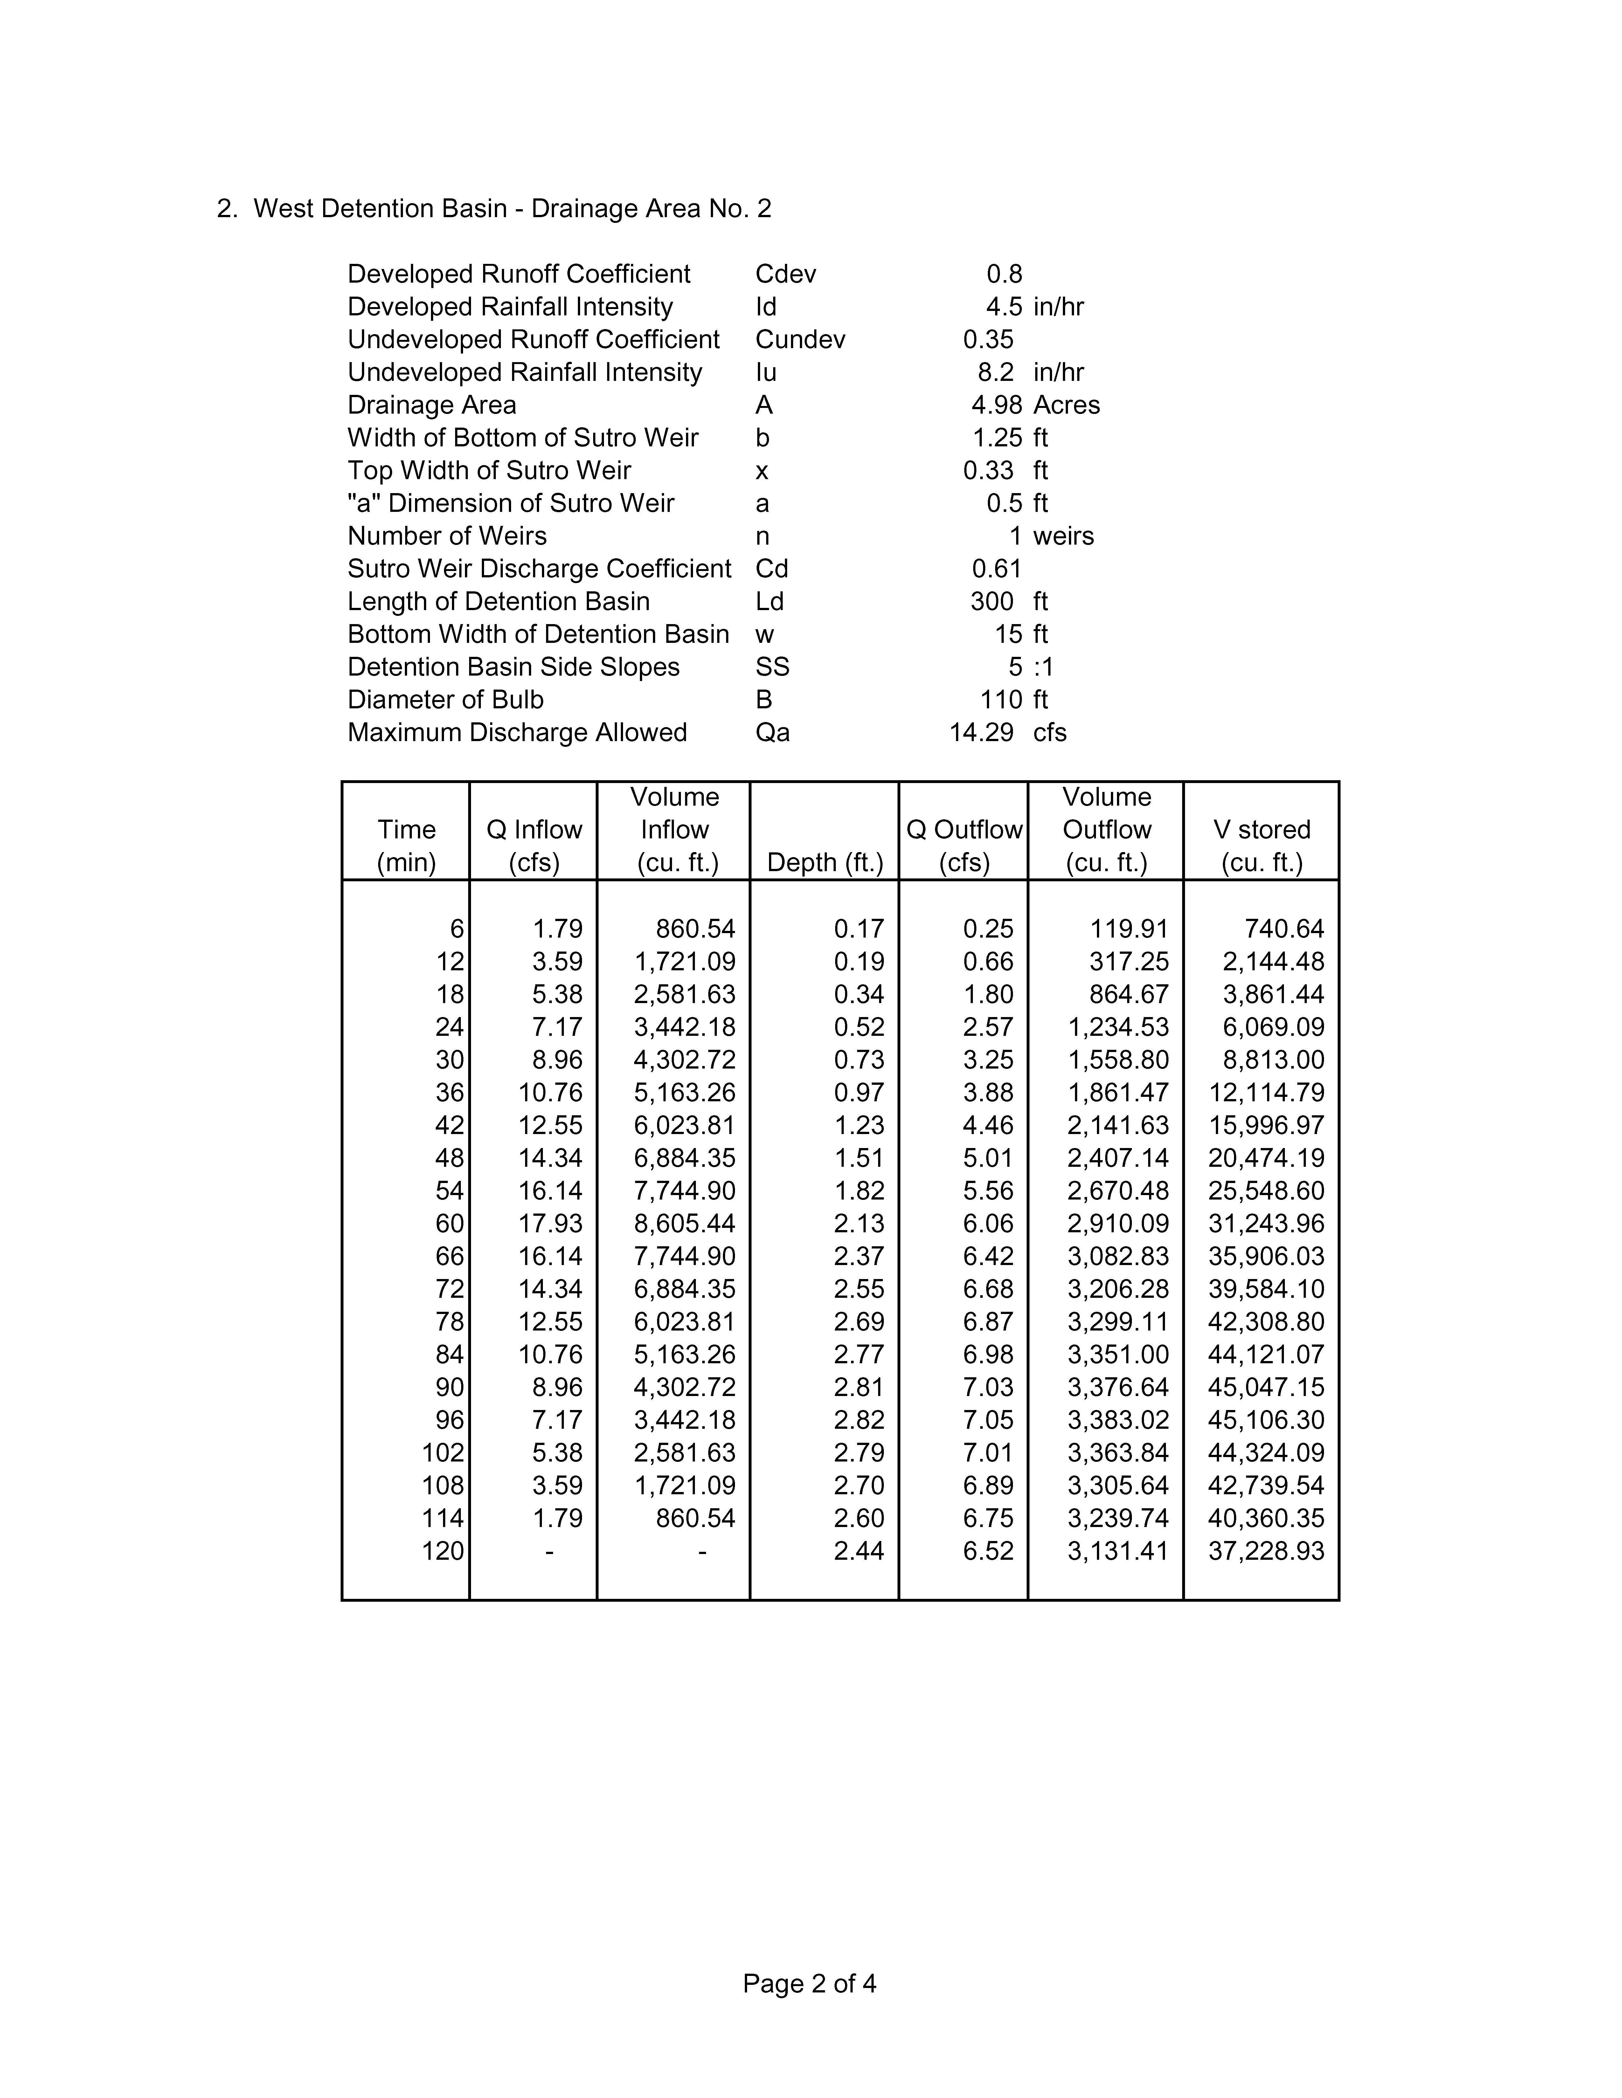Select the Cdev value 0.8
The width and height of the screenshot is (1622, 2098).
pyautogui.click(x=1004, y=275)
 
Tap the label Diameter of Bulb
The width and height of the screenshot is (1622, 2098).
pyautogui.click(x=445, y=700)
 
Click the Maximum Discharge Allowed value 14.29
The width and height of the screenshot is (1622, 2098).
pyautogui.click(x=981, y=733)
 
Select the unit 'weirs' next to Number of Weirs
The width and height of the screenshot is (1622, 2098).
pyautogui.click(x=1063, y=536)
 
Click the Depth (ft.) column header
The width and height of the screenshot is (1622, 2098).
pyautogui.click(x=824, y=863)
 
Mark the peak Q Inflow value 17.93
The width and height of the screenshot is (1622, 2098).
pyautogui.click(x=551, y=1224)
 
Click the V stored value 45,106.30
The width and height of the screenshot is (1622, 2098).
pyautogui.click(x=1265, y=1420)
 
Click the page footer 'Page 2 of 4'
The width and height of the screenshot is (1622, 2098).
pyautogui.click(x=809, y=1984)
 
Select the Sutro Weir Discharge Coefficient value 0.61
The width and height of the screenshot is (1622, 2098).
pyautogui.click(x=996, y=569)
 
